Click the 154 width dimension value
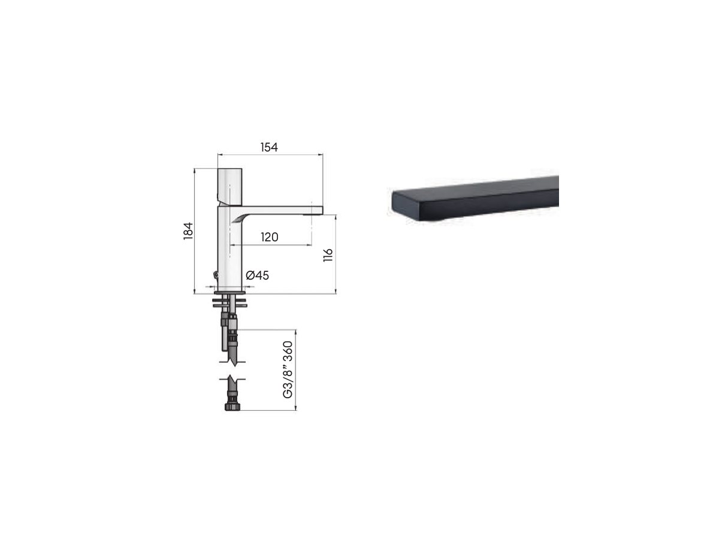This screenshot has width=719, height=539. tap(269, 147)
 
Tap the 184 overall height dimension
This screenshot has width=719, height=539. tap(188, 231)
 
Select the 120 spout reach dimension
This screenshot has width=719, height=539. tap(269, 237)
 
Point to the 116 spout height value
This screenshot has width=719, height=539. tap(328, 255)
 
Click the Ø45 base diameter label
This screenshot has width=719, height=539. tap(257, 275)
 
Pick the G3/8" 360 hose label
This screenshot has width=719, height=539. tap(288, 370)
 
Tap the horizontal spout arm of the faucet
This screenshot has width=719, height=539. tap(279, 210)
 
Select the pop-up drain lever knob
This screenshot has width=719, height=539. tap(216, 274)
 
